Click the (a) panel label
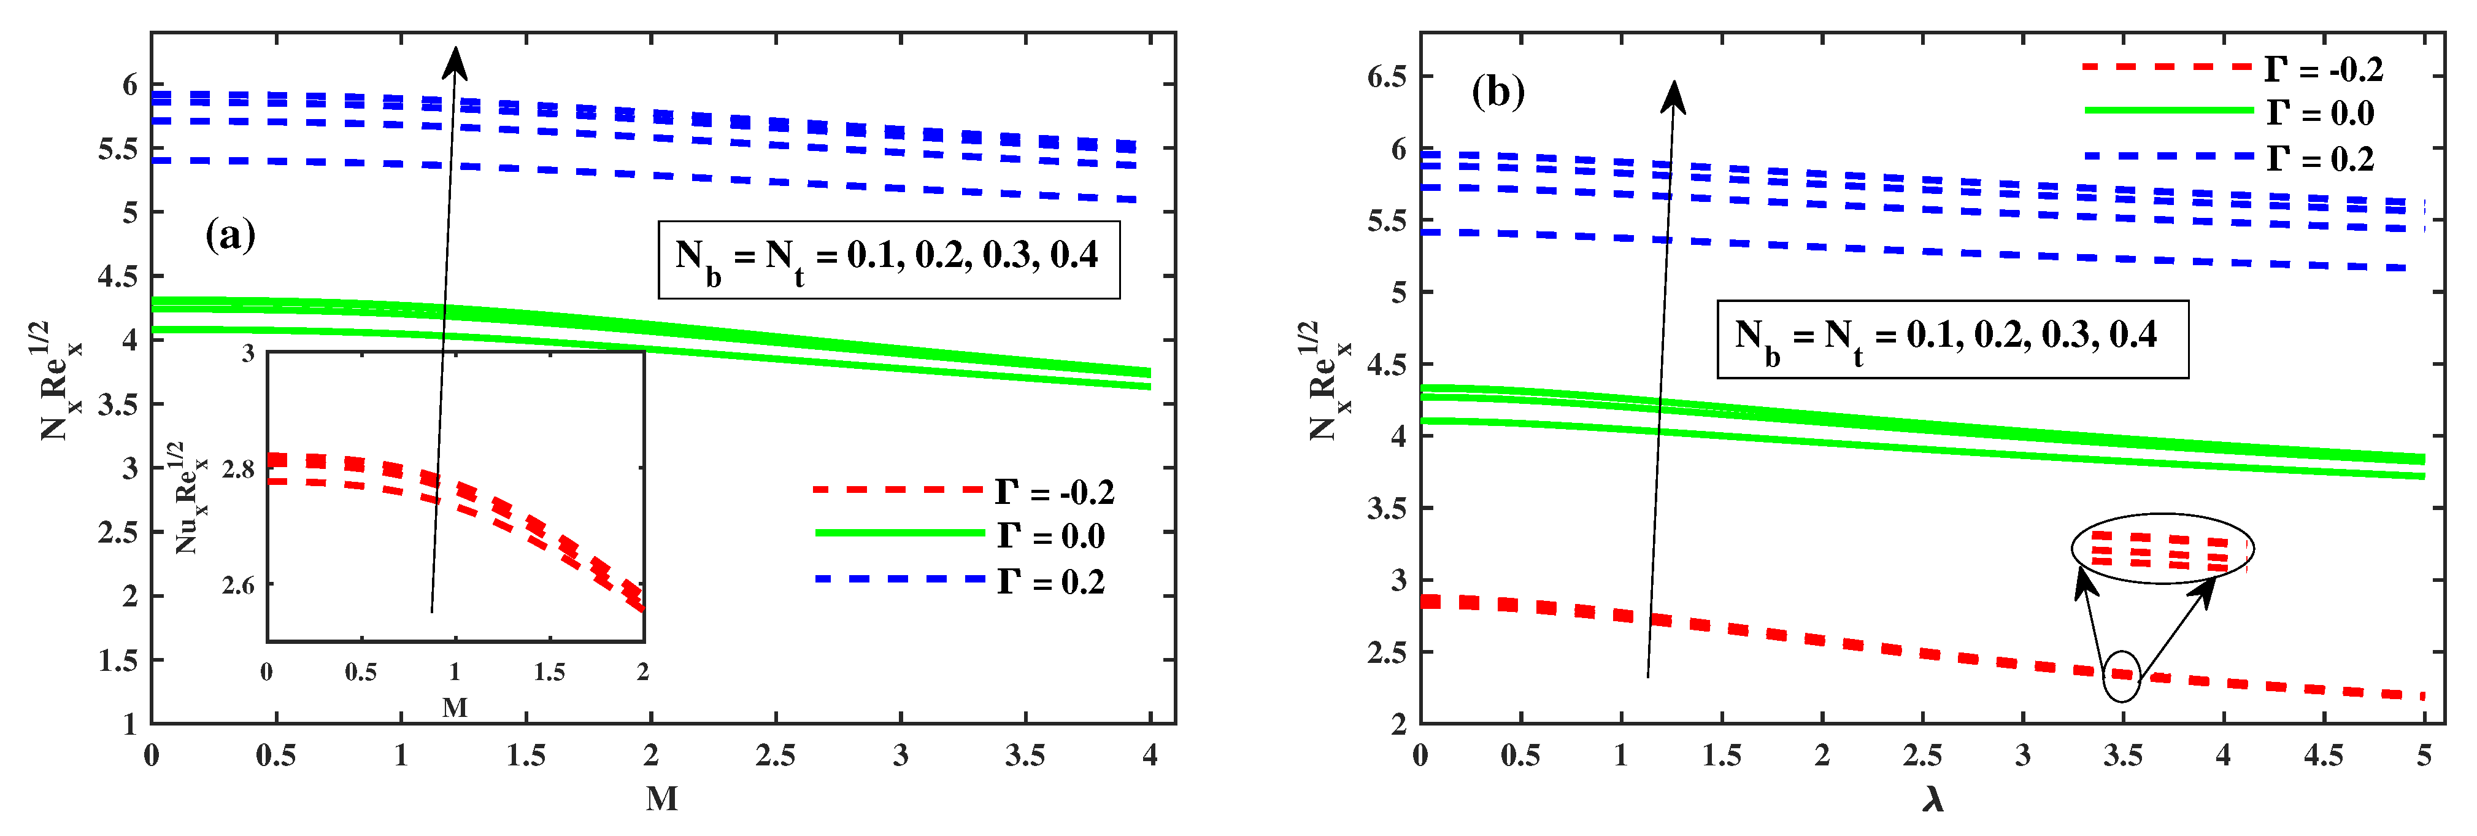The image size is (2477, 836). (230, 234)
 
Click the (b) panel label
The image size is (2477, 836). (1498, 92)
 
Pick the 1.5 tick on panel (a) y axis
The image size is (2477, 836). (118, 660)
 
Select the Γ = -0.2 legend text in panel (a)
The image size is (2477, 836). (1055, 492)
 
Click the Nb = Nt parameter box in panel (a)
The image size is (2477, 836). (888, 260)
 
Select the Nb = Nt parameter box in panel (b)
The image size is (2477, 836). (1952, 339)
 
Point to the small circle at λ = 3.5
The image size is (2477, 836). (2122, 676)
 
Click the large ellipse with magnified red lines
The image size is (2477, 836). (2163, 548)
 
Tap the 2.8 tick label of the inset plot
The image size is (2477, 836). (239, 470)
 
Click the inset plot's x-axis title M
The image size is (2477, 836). (455, 708)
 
